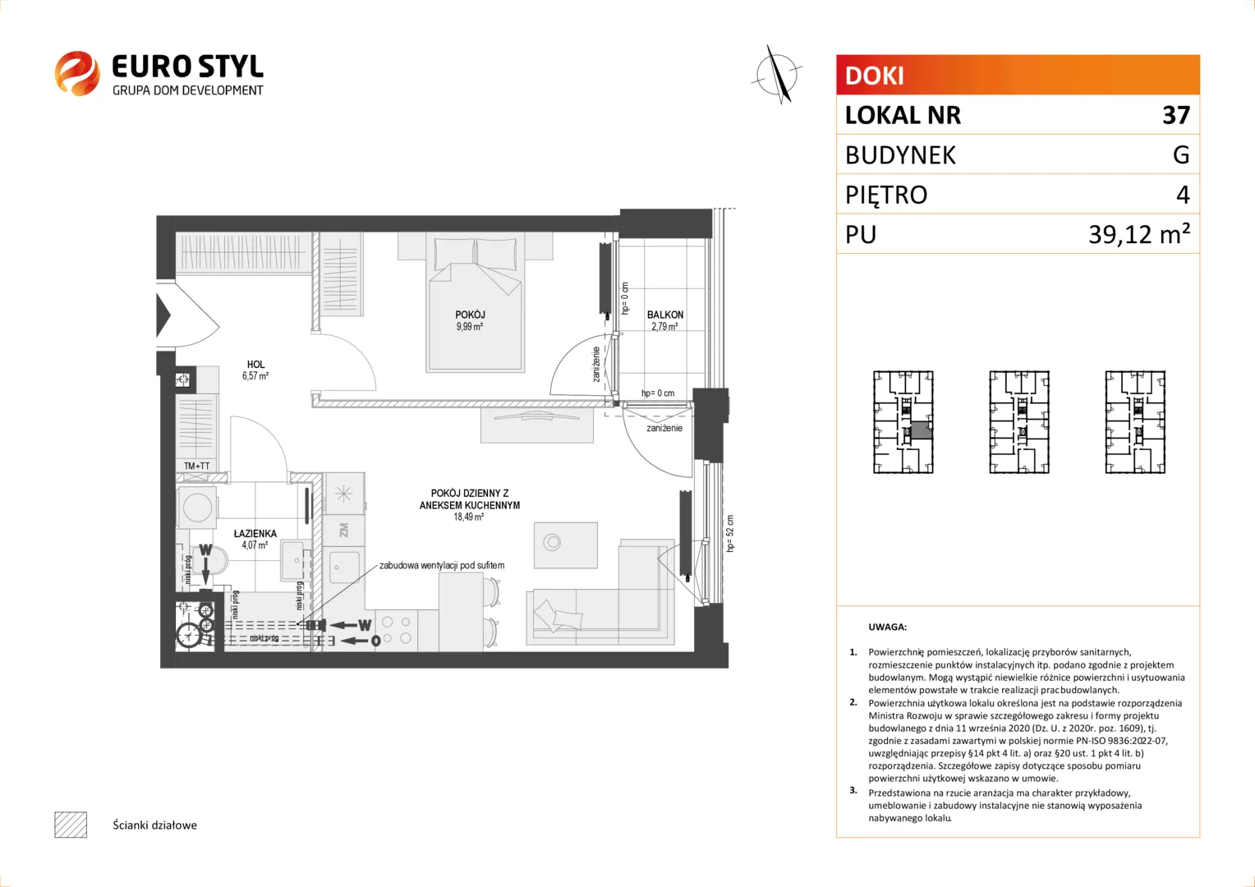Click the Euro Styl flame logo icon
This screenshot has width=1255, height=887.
click(77, 73)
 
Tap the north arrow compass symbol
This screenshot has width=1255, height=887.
click(778, 75)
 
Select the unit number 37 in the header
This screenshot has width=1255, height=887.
click(1176, 115)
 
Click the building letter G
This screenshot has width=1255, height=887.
click(1181, 154)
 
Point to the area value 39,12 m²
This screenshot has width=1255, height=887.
click(1139, 233)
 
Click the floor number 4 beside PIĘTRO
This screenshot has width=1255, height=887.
click(1183, 195)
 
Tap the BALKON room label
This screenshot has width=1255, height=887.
click(665, 315)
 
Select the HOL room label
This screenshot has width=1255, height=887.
click(255, 364)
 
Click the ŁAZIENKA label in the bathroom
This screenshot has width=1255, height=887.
click(255, 534)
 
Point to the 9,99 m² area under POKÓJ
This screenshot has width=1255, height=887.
click(470, 327)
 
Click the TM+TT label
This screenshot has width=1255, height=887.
click(196, 466)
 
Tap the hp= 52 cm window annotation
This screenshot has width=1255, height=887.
click(729, 533)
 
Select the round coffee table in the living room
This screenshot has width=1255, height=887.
click(553, 542)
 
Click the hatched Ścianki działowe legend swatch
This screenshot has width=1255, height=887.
click(71, 825)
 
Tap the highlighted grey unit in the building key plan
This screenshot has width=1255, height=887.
click(921, 430)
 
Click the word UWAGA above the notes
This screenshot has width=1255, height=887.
click(888, 627)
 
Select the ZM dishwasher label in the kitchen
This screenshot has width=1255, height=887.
click(343, 530)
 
